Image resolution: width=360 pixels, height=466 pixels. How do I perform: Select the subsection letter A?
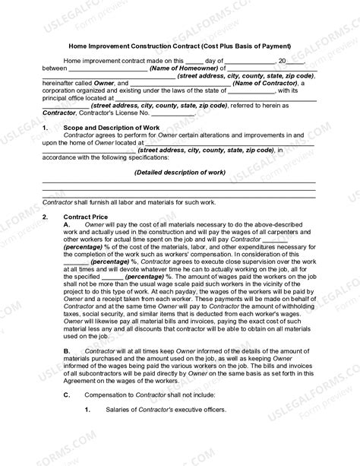[x=68, y=225]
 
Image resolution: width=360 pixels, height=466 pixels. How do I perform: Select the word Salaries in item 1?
[x=115, y=411]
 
